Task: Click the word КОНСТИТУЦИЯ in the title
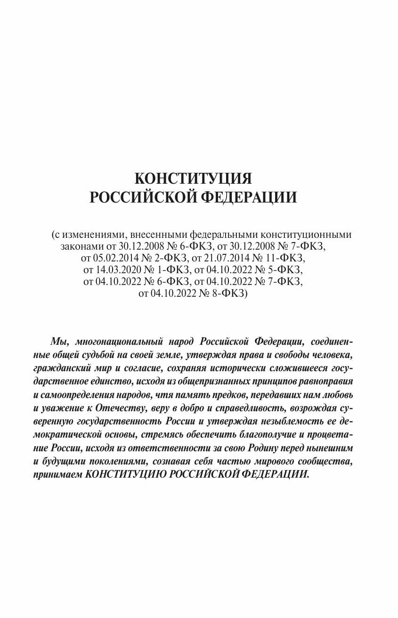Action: coord(193,179)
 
